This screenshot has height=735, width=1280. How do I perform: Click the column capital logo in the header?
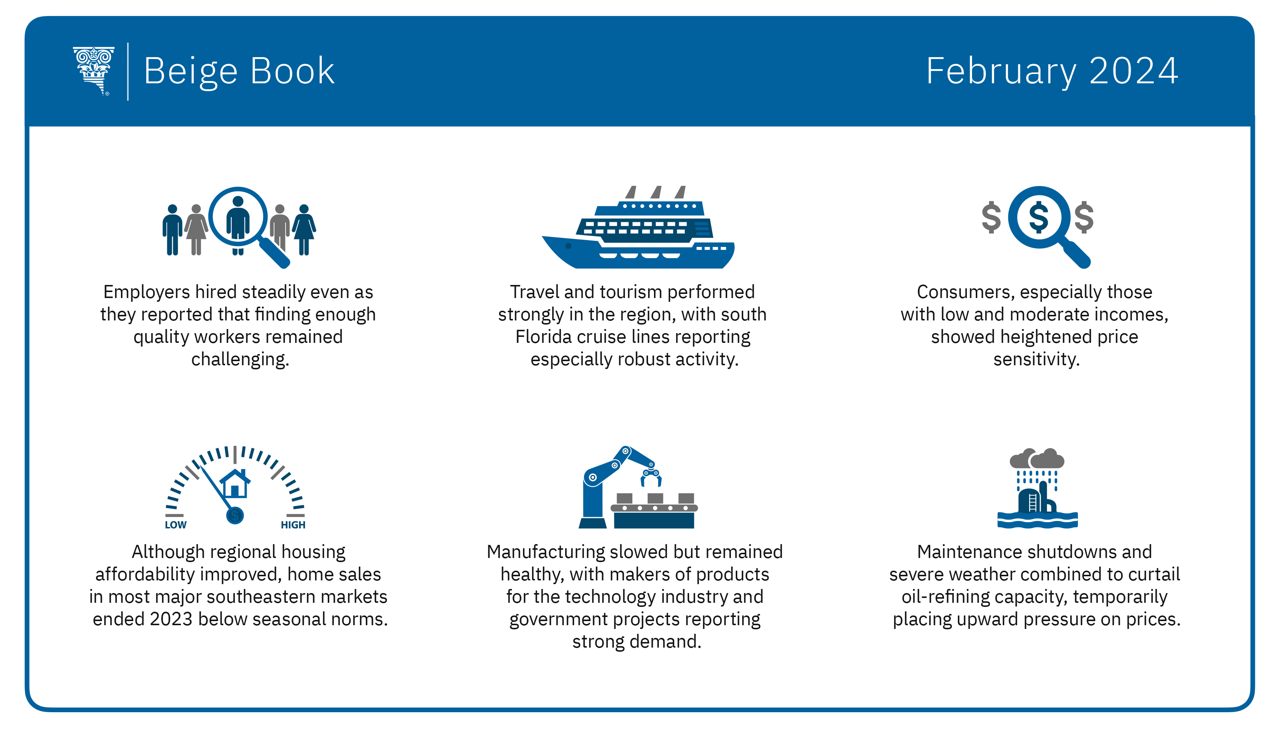click(x=94, y=71)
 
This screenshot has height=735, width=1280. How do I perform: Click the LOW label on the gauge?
click(x=175, y=525)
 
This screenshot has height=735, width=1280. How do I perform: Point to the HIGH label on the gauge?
click(x=293, y=525)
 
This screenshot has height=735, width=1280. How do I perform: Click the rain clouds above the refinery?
click(x=1037, y=458)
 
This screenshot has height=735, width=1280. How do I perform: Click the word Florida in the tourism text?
click(x=544, y=337)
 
